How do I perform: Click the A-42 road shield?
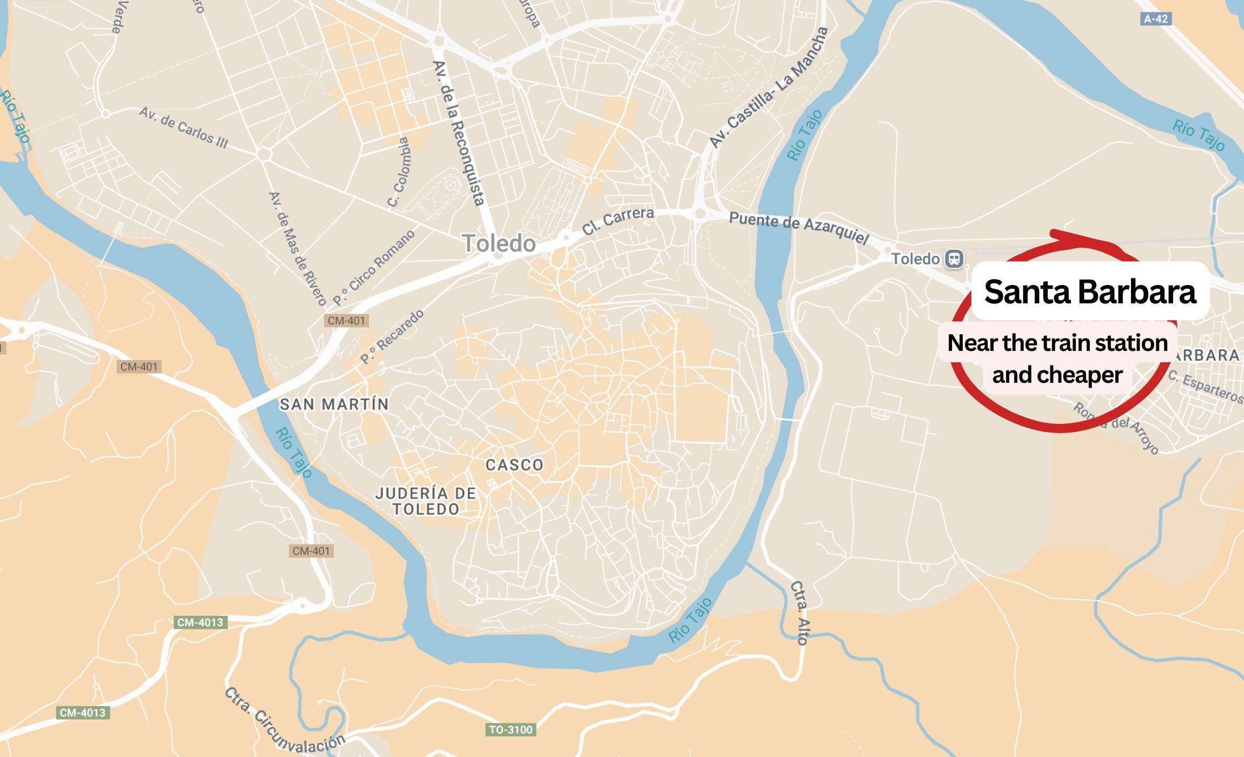1156,19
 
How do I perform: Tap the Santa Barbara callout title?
1089,292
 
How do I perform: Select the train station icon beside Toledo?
954,258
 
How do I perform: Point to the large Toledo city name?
499,244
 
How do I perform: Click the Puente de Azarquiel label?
799,228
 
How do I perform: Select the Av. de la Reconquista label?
458,133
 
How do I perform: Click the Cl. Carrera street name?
618,220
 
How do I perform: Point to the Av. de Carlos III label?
183,128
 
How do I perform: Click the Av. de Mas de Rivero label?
298,248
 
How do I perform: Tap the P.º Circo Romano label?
373,267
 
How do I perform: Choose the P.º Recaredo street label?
392,337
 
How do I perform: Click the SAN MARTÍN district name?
334,404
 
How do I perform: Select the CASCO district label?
514,465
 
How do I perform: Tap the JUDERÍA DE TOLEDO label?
426,501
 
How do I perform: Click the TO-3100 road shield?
511,730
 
